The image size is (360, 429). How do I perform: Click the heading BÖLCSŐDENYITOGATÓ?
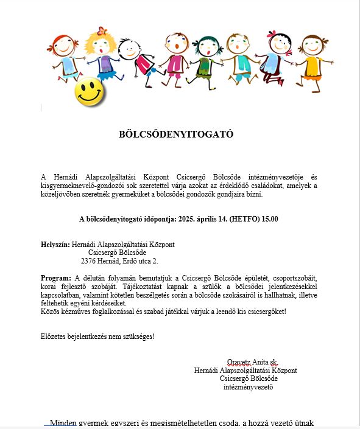[x=176, y=134]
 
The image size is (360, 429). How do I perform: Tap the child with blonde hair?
[x=99, y=52]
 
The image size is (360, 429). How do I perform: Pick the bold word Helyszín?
[x=55, y=245]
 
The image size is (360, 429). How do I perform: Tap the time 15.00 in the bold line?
[x=270, y=218]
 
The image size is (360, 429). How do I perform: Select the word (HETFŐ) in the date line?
[x=242, y=218]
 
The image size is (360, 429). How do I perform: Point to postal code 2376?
[x=90, y=261]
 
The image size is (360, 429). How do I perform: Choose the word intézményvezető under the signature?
[x=248, y=386]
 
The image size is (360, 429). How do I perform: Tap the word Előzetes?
[x=54, y=337]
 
